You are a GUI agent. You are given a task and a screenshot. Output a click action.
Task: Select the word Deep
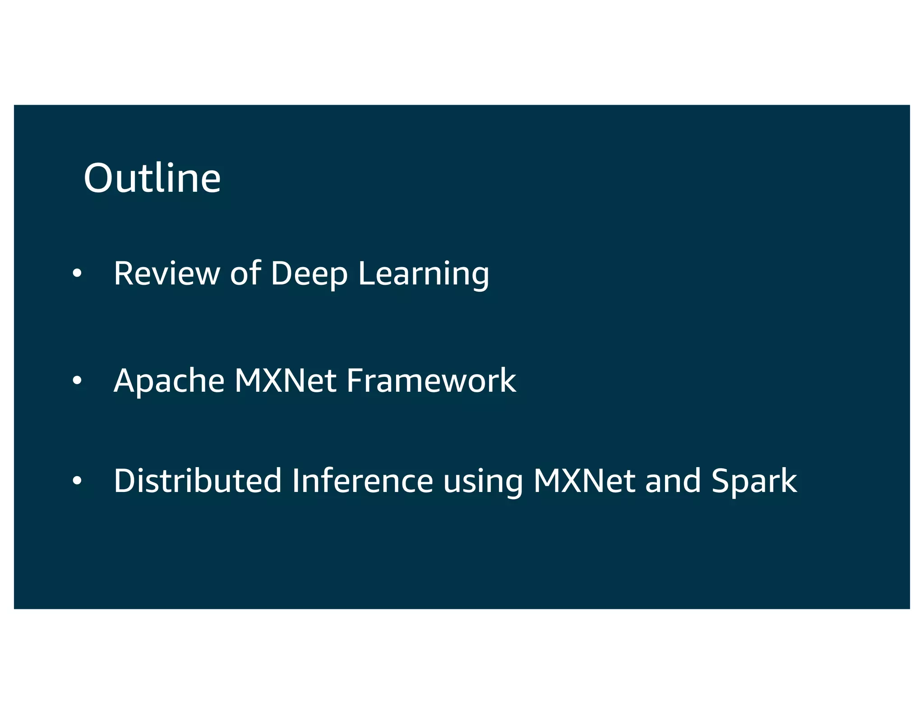coord(309,274)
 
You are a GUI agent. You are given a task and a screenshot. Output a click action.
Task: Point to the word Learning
coord(423,274)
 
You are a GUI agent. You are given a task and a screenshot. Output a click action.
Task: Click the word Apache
coord(169,380)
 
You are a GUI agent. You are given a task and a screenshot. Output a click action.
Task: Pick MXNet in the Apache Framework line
coord(285,380)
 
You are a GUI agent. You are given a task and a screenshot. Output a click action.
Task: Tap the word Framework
coord(431,380)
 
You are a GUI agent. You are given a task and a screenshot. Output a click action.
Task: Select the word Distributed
coord(198,481)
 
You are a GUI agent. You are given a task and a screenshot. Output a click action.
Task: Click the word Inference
coord(362,481)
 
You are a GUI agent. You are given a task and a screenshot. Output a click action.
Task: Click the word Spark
coord(754,482)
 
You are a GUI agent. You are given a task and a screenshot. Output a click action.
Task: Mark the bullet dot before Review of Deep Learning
coord(77,273)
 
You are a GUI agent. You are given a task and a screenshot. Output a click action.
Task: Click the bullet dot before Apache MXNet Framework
coord(77,380)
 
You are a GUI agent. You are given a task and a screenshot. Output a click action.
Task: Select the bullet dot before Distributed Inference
coord(77,481)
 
